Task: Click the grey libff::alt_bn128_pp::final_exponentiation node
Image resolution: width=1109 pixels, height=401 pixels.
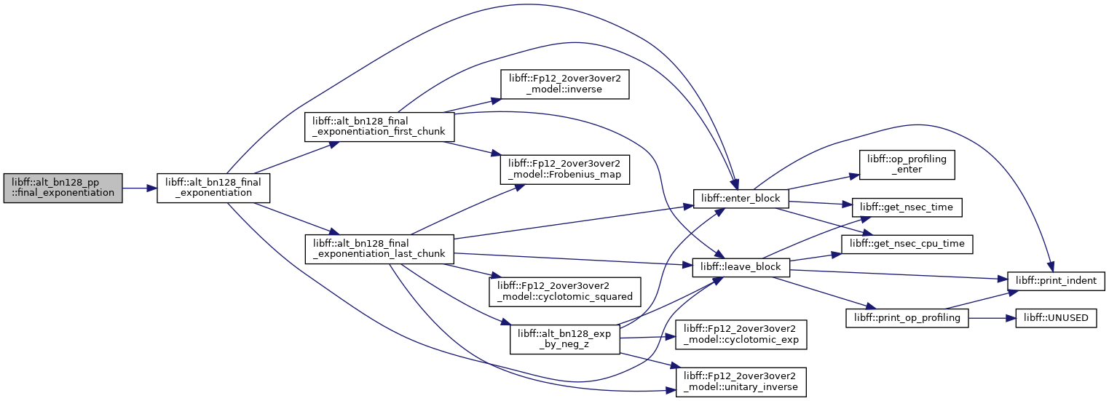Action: click(63, 188)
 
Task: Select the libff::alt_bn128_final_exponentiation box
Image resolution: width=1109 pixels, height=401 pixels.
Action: click(213, 188)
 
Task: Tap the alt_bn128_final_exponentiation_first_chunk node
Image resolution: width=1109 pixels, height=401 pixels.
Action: click(379, 127)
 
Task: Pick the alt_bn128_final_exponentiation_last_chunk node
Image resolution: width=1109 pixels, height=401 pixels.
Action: click(379, 249)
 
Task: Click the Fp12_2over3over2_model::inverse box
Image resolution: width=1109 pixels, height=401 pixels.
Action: click(564, 84)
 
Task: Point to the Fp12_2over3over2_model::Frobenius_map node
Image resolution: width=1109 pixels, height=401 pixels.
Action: click(564, 170)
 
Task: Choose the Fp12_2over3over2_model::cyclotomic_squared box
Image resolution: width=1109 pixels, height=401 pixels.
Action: click(565, 292)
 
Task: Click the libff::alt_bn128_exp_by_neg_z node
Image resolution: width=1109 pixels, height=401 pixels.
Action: click(565, 340)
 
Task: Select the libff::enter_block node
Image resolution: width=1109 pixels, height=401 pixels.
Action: click(741, 199)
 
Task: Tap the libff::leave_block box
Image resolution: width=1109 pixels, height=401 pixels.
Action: click(741, 267)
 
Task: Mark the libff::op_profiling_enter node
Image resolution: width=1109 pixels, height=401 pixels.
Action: click(907, 165)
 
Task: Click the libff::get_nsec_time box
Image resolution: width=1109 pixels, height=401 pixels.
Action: click(907, 207)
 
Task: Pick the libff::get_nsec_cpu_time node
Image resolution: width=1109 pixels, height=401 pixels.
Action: click(907, 244)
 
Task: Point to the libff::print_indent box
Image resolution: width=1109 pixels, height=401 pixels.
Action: click(1056, 281)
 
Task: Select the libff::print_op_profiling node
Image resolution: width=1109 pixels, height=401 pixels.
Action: click(907, 318)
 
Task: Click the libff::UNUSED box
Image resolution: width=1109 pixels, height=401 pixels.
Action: click(1056, 318)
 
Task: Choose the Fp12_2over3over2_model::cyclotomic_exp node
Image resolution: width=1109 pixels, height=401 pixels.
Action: click(741, 335)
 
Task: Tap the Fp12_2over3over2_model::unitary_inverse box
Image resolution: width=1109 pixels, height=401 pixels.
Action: click(741, 382)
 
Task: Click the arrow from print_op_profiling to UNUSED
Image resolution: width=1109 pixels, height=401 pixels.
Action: click(992, 318)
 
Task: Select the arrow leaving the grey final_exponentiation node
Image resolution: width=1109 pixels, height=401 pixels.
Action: click(140, 188)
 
